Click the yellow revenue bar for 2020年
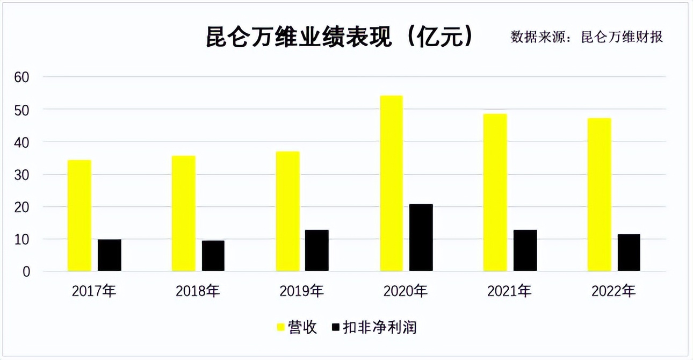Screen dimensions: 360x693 [x=391, y=183]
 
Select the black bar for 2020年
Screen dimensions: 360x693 [x=421, y=237]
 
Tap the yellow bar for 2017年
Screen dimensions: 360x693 [x=80, y=215]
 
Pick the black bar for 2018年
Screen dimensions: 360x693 [x=213, y=256]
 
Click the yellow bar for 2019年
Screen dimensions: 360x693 [x=287, y=211]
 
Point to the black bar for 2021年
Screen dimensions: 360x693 [x=525, y=250]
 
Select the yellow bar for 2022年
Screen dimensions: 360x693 [x=599, y=195]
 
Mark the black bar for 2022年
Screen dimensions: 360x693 [x=629, y=253]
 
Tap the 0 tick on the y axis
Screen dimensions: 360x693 [x=26, y=272]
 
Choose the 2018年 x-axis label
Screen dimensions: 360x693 [x=198, y=292]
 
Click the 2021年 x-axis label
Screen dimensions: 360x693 [x=509, y=292]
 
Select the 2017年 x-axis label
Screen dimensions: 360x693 [x=94, y=292]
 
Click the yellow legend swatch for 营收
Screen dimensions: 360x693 [x=280, y=327]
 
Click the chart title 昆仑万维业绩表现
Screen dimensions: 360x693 [x=299, y=38]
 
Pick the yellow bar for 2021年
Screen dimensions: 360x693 [x=495, y=192]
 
